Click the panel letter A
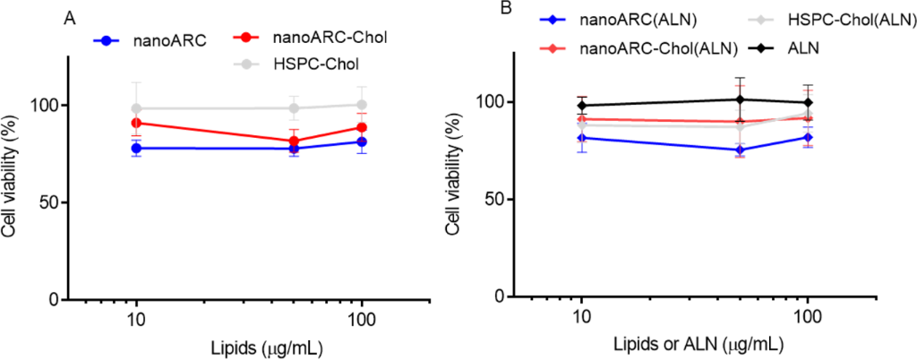coord(69,17)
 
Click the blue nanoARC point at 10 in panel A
coord(136,148)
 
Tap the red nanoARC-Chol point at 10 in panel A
coord(136,123)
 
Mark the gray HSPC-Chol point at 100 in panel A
coord(362,104)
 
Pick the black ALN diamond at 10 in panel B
coord(582,106)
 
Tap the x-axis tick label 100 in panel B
coord(809,318)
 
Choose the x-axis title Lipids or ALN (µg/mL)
coord(696,345)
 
